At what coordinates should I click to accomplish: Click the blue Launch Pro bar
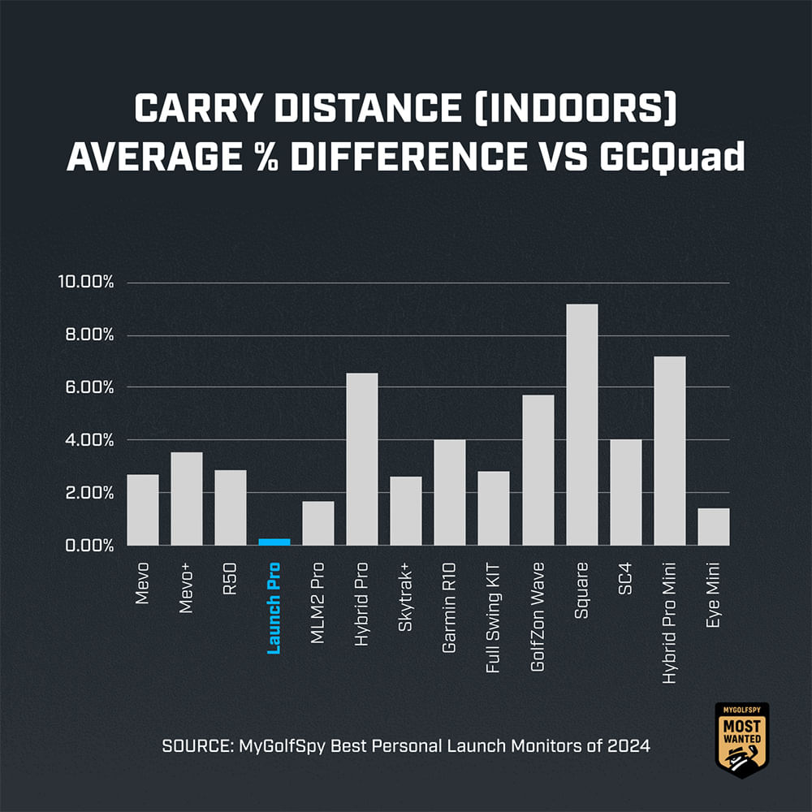(274, 542)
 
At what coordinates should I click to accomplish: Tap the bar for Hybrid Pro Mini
(669, 451)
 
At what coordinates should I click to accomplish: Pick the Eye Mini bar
(713, 526)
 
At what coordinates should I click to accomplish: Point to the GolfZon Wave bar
(538, 470)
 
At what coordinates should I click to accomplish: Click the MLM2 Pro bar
(317, 523)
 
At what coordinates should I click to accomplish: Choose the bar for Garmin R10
(449, 492)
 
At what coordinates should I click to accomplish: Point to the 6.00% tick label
(89, 387)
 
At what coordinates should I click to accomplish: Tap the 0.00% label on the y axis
(89, 545)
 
